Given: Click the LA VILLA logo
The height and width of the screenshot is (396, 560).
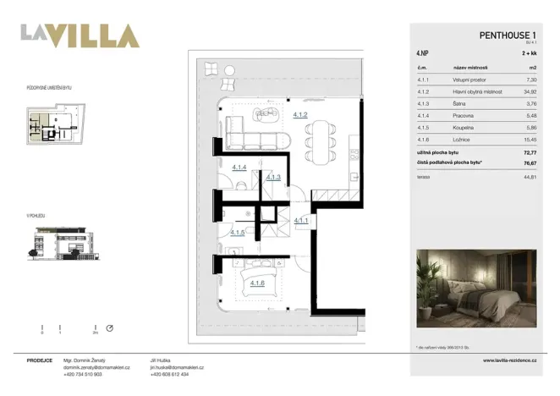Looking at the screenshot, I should click(80, 36).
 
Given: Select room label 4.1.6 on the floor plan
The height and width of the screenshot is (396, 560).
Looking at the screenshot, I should click(258, 283).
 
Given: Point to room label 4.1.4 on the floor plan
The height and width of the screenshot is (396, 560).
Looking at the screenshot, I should click(239, 168).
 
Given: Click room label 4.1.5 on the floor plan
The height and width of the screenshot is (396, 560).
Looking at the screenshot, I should click(238, 233).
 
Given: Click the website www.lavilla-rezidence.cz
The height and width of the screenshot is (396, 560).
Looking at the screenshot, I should click(512, 360).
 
